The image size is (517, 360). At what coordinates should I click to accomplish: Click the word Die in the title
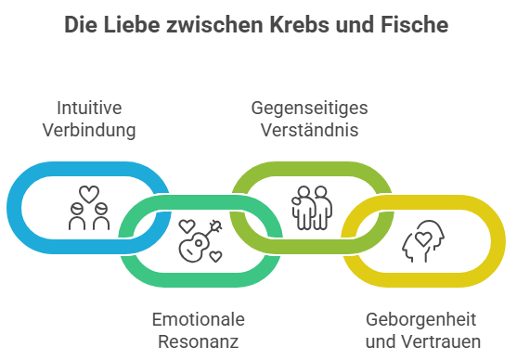pyautogui.click(x=81, y=25)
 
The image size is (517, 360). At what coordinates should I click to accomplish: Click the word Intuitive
pyautogui.click(x=89, y=108)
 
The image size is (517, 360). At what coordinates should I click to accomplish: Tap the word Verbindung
pyautogui.click(x=89, y=130)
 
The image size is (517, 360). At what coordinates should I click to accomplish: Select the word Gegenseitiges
pyautogui.click(x=309, y=108)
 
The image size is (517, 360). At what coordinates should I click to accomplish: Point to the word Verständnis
pyautogui.click(x=309, y=130)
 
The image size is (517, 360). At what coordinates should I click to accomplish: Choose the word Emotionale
pyautogui.click(x=199, y=320)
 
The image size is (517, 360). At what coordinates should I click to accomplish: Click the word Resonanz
pyautogui.click(x=199, y=342)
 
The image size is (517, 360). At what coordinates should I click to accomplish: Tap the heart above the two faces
pyautogui.click(x=89, y=196)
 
